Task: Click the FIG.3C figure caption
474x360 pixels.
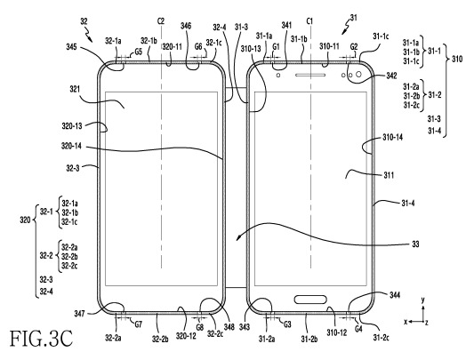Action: pyautogui.click(x=42, y=339)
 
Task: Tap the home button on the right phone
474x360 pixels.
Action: pyautogui.click(x=310, y=300)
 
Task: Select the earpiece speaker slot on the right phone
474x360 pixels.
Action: pyautogui.click(x=310, y=75)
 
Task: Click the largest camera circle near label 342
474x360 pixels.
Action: pyautogui.click(x=358, y=74)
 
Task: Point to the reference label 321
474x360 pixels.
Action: pyautogui.click(x=75, y=89)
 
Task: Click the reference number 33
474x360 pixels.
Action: pyautogui.click(x=415, y=244)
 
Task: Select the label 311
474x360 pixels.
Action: pyautogui.click(x=389, y=175)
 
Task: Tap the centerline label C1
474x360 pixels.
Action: pyautogui.click(x=309, y=21)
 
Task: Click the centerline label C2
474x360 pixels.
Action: pyautogui.click(x=161, y=21)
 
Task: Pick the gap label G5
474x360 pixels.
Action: pyautogui.click(x=138, y=52)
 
